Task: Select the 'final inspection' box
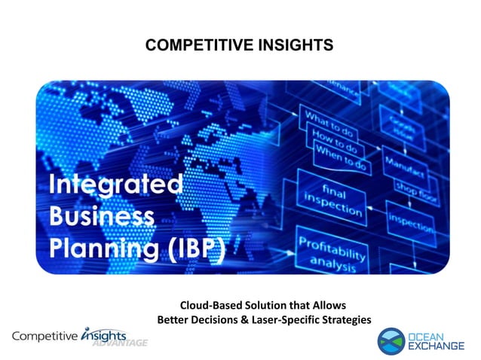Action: pyautogui.click(x=331, y=194)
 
